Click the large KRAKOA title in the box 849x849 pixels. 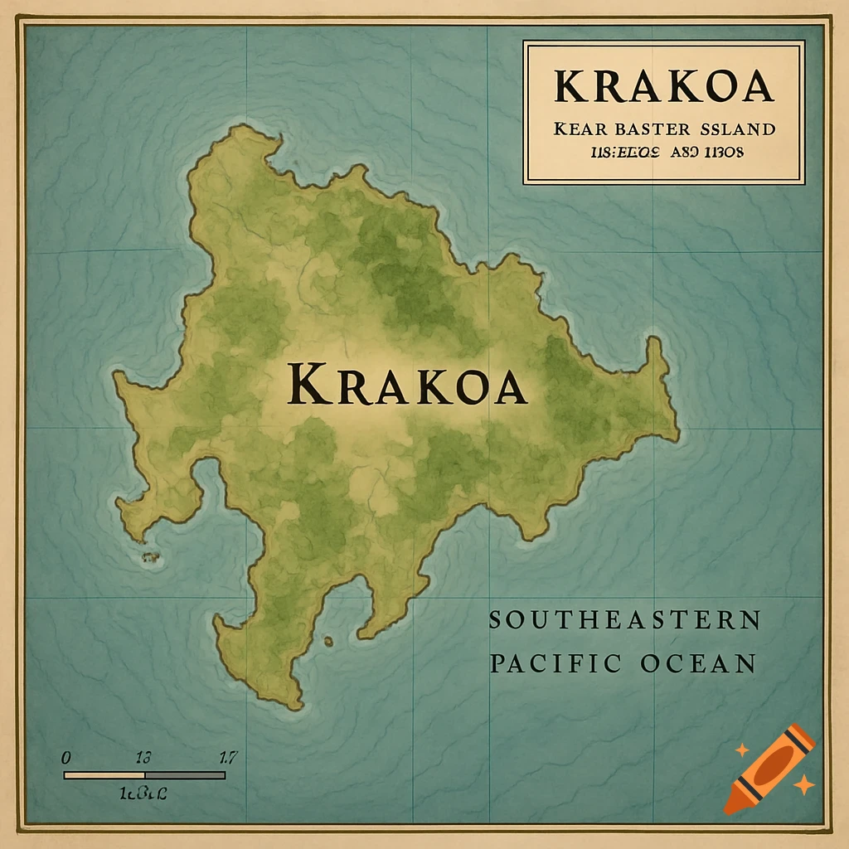click(663, 86)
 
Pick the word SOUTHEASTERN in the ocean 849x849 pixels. click(624, 620)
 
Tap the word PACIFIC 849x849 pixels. click(555, 663)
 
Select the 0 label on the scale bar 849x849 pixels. click(66, 757)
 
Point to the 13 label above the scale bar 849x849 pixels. click(142, 757)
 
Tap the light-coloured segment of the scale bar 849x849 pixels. click(104, 775)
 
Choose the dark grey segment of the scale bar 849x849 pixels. click(185, 775)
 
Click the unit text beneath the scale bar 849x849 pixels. click(143, 793)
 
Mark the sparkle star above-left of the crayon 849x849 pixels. click(742, 750)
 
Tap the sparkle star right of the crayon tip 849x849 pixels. click(803, 784)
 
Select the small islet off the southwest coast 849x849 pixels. click(151, 558)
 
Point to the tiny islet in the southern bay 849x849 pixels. click(328, 641)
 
